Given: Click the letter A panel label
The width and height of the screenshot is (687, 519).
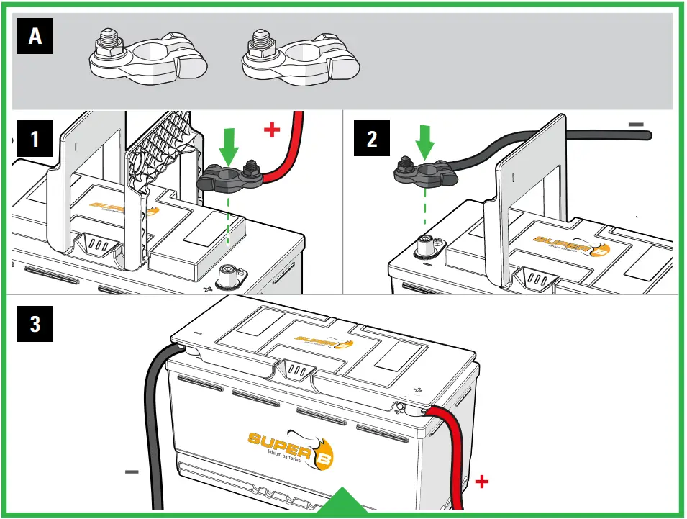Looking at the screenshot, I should [x=35, y=37].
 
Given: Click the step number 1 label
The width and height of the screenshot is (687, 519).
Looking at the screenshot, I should [x=35, y=137].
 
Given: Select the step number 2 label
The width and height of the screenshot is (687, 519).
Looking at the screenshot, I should [x=372, y=137].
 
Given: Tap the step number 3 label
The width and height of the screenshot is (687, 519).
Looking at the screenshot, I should [x=35, y=323].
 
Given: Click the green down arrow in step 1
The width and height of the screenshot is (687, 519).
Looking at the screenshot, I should [x=229, y=145].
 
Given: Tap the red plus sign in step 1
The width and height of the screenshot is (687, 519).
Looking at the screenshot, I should [x=271, y=130].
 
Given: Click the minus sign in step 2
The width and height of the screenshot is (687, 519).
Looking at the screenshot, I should [x=636, y=124].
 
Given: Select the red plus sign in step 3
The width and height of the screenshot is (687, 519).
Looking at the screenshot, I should [x=482, y=480].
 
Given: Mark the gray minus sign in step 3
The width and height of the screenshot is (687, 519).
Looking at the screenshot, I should [x=131, y=473].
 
